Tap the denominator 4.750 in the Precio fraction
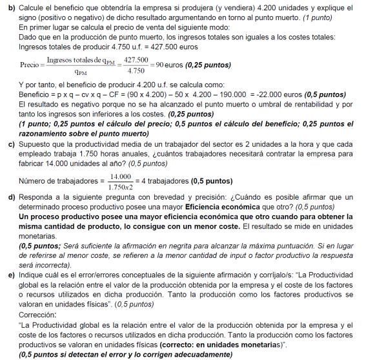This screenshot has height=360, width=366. coord(136,70)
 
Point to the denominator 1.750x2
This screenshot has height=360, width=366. coord(121,186)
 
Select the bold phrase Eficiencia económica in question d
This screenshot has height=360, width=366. coord(224,207)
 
